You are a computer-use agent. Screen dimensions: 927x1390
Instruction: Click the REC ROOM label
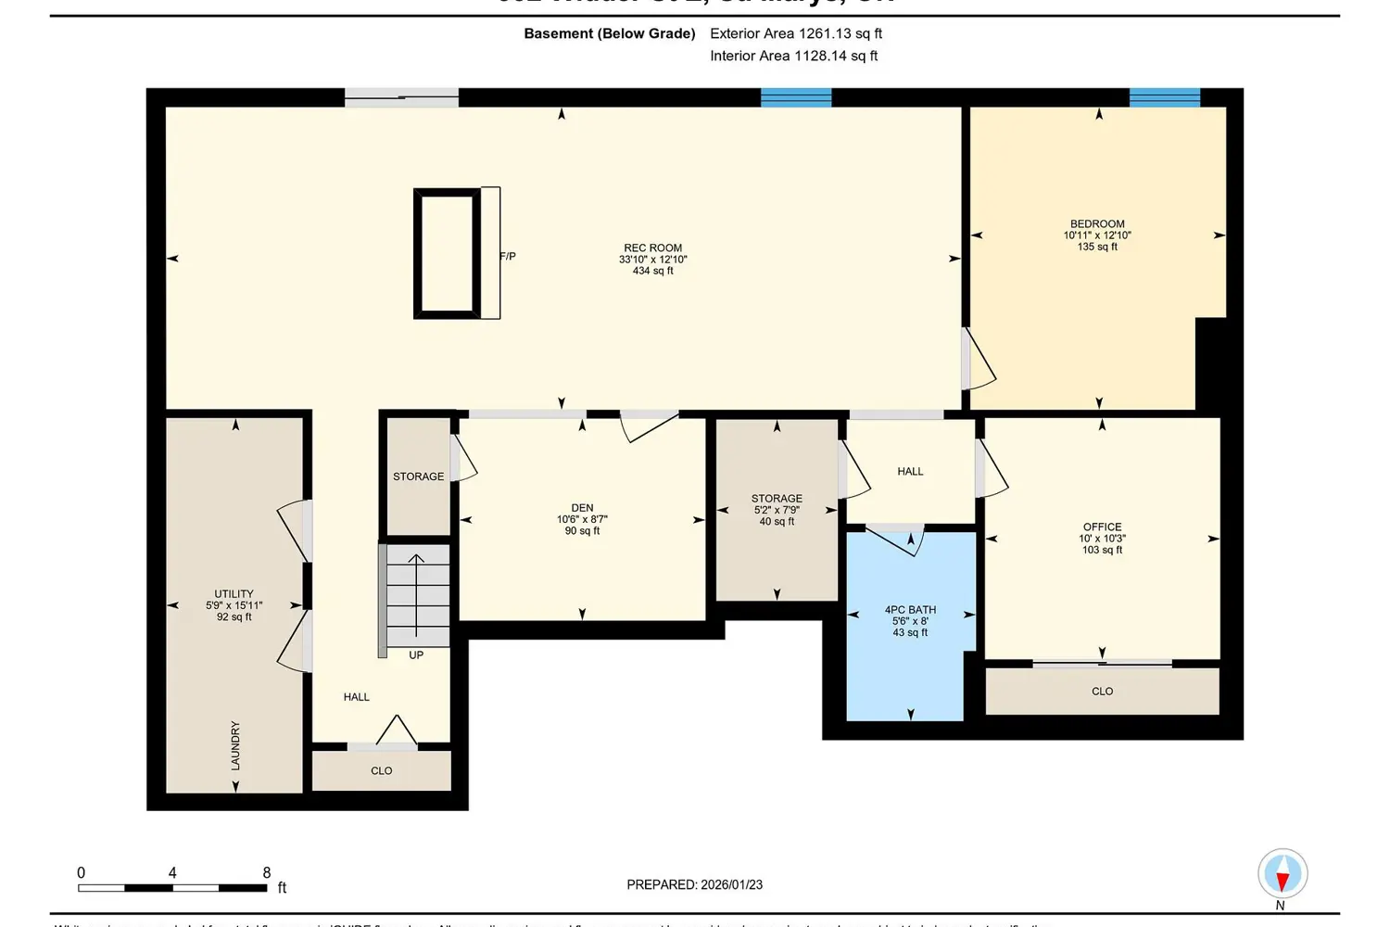click(652, 248)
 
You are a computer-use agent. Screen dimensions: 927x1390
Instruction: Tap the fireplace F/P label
click(508, 257)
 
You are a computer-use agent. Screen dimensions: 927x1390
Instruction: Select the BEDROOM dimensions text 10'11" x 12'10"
click(1097, 235)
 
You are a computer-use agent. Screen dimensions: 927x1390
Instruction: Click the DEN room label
click(582, 508)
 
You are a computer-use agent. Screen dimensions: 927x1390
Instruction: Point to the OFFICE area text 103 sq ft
click(1102, 550)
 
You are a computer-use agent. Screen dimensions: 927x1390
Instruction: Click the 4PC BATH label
click(910, 610)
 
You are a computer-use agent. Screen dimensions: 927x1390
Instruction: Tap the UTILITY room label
click(234, 594)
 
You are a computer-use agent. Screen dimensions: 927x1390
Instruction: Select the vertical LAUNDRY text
click(235, 745)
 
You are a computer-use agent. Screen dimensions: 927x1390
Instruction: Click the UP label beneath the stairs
click(416, 655)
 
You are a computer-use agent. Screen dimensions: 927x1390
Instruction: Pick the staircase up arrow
click(417, 593)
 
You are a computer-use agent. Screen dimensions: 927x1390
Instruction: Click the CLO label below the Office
click(1102, 692)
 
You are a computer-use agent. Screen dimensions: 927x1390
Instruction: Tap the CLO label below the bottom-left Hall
click(381, 771)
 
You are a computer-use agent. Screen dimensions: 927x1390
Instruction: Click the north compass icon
click(1283, 874)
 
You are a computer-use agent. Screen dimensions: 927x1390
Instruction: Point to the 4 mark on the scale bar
click(172, 873)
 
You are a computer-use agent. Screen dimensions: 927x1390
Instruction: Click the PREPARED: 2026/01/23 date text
click(694, 884)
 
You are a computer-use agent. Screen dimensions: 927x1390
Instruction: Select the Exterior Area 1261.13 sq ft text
click(795, 33)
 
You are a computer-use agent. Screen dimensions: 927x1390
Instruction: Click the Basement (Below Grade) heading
click(609, 33)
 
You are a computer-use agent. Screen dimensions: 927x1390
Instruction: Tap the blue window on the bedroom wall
click(1164, 97)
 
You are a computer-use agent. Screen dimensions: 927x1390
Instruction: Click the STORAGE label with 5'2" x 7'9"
click(777, 499)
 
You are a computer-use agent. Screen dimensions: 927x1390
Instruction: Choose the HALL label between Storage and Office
click(910, 472)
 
